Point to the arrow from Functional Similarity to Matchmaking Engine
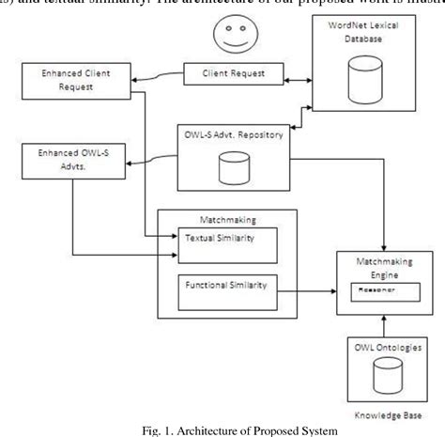(310, 292)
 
